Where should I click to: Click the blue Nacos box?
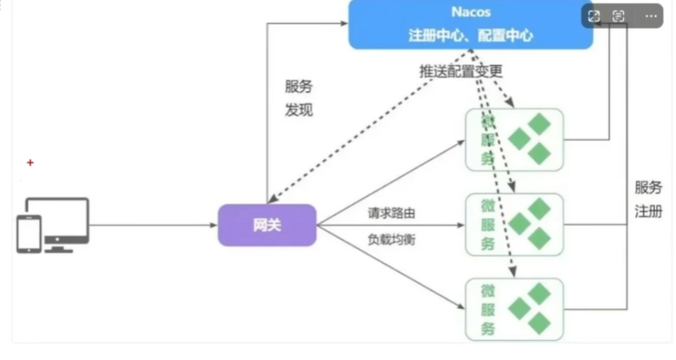coord(470,24)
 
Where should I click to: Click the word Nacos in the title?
coord(470,12)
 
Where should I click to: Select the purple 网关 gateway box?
coord(267,225)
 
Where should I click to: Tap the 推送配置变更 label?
coord(460,71)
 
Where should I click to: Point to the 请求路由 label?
coord(392,213)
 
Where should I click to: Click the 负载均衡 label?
coord(392,240)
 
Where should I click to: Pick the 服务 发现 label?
coord(299,99)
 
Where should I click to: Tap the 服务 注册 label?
coord(648,200)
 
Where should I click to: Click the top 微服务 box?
coord(514,140)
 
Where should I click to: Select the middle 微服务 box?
coord(514,225)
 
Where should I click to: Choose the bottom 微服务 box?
coord(514,308)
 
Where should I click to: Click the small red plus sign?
coord(31,162)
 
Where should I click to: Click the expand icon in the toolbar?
coord(594,16)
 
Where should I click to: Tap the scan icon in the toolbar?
coord(619,16)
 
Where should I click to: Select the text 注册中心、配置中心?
coord(470,35)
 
